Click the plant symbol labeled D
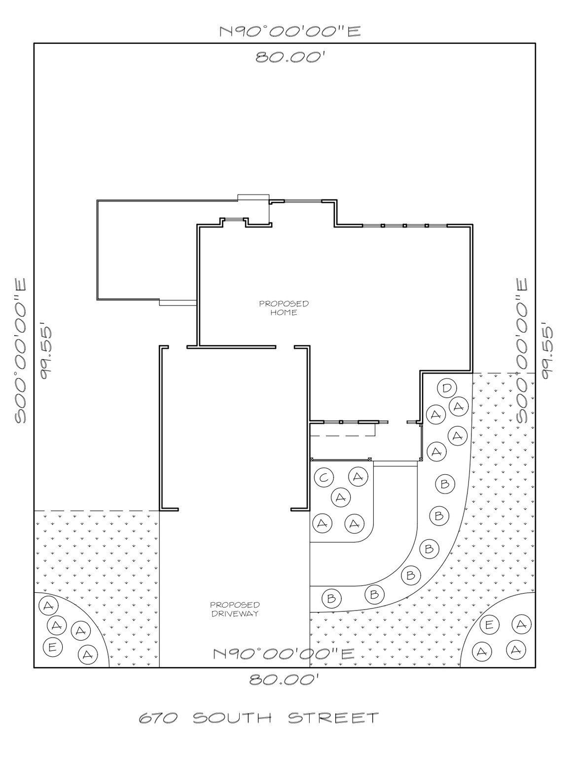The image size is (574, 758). click(446, 388)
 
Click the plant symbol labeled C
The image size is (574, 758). click(324, 477)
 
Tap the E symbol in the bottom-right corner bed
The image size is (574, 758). click(489, 625)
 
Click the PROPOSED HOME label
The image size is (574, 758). click(284, 308)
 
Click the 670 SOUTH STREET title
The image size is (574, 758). click(259, 717)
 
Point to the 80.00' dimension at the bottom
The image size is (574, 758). click(287, 681)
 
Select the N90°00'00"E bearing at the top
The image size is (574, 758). click(290, 32)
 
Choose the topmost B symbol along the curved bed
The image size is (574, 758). click(445, 484)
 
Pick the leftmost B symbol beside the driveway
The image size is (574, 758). click(331, 599)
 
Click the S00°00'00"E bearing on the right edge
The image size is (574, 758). click(522, 351)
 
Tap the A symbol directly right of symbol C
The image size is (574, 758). click(359, 477)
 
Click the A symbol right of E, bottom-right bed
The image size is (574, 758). click(521, 624)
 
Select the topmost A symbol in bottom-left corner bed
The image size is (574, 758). click(48, 606)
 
